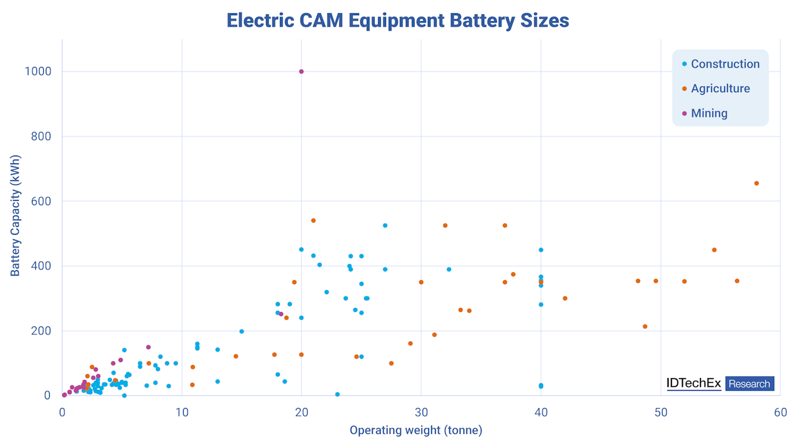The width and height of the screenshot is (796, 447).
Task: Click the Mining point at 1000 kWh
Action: point(301,72)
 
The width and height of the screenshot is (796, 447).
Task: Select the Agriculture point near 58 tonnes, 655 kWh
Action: point(756,183)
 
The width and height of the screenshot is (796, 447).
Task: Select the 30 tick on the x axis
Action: point(421,413)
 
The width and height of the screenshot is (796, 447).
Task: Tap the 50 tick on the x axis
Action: point(661,413)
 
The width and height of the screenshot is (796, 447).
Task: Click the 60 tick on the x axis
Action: point(780,413)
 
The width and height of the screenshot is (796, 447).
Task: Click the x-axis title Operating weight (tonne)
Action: point(416,430)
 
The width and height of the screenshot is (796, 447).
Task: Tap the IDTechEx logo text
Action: point(694,383)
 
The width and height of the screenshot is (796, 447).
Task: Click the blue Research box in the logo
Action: point(750,383)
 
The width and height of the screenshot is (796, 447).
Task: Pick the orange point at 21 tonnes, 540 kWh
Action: point(314,221)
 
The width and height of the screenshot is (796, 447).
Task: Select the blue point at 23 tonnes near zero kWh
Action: point(338,394)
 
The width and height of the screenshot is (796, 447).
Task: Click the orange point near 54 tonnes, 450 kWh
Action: point(714,250)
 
